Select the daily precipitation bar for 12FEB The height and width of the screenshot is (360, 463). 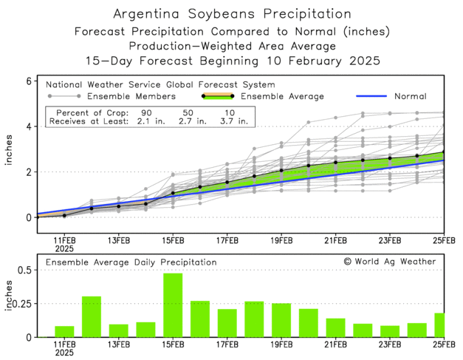(x=92, y=316)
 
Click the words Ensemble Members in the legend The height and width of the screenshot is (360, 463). (x=131, y=96)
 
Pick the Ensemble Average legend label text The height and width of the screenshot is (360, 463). (x=283, y=96)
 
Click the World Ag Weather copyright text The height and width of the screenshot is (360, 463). (x=389, y=262)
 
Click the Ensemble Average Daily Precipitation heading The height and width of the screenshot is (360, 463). (x=131, y=262)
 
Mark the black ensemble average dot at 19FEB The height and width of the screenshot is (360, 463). (x=281, y=171)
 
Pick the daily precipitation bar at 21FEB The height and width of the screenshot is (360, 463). (x=335, y=327)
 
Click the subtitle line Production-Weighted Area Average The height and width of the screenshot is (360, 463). (x=232, y=46)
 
